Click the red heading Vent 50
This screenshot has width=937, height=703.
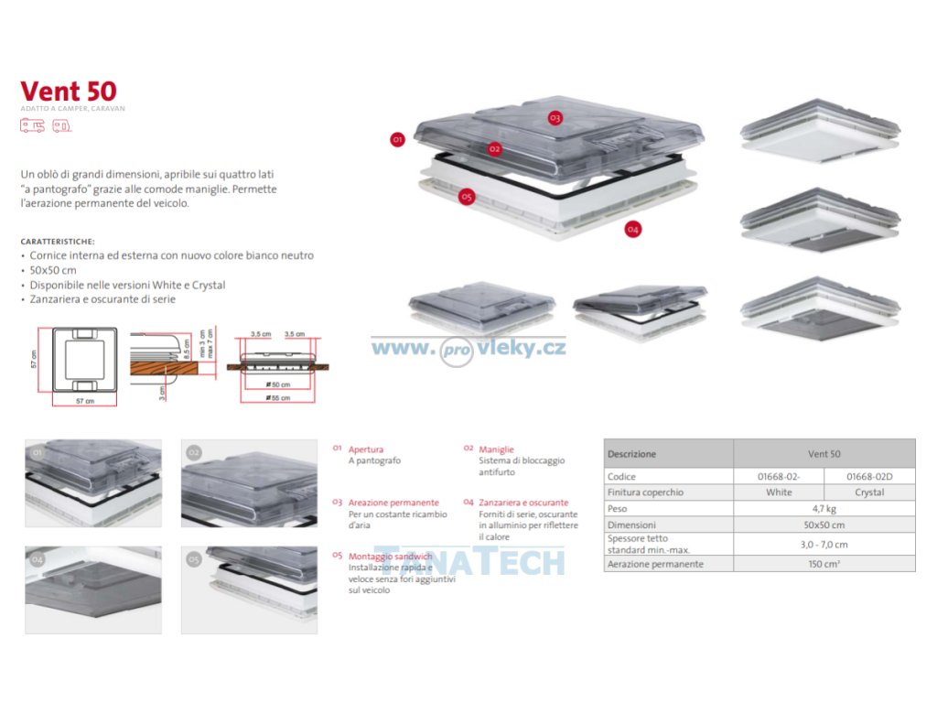(69, 92)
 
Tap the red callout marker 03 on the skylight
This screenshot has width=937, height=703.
(555, 118)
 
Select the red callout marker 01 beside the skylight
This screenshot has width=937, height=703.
(397, 140)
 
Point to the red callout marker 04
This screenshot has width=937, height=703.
(632, 229)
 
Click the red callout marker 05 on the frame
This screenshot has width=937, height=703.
(467, 197)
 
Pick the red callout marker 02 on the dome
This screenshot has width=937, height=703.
(494, 148)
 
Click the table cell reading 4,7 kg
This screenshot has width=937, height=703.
(824, 508)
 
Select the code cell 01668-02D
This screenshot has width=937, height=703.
(869, 477)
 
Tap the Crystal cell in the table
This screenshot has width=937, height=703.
(869, 492)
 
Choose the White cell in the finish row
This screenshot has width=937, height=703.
(779, 492)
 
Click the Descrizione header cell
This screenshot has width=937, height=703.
(631, 454)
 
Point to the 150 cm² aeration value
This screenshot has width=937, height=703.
(824, 564)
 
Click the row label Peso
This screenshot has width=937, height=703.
(618, 508)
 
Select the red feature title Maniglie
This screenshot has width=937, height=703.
(495, 449)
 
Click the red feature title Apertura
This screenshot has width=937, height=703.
(366, 449)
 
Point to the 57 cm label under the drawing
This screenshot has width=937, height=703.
(83, 402)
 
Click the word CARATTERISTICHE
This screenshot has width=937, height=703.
(55, 242)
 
